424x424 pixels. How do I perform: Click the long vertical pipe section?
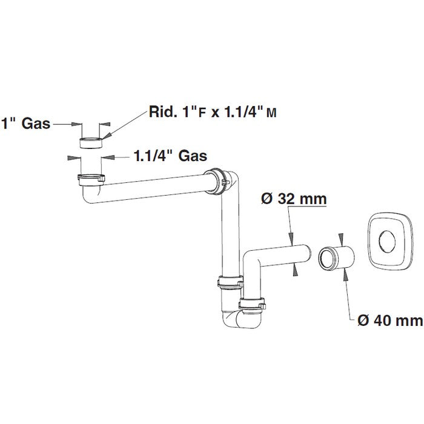tap(228, 230)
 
